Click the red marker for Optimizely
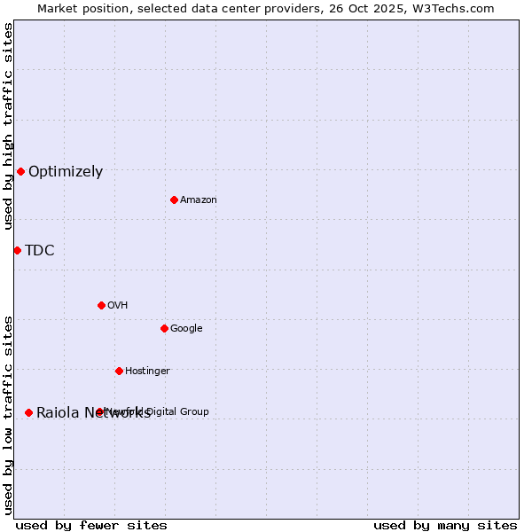[x=20, y=171]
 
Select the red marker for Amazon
[x=174, y=199]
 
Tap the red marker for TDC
[x=17, y=250]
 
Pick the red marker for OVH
[x=101, y=305]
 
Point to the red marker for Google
[x=164, y=328]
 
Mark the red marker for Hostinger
[x=119, y=371]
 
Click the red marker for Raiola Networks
[x=28, y=412]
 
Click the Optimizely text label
[x=66, y=172]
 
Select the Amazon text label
[x=199, y=200]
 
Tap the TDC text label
[x=40, y=251]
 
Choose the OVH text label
[x=118, y=306]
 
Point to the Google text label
[x=186, y=329]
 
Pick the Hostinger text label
[x=147, y=372]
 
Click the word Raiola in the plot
[x=58, y=413]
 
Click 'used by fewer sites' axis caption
[x=91, y=525]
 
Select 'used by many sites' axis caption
[x=445, y=525]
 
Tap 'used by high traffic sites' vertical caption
[x=8, y=126]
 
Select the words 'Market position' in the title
[x=80, y=8]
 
